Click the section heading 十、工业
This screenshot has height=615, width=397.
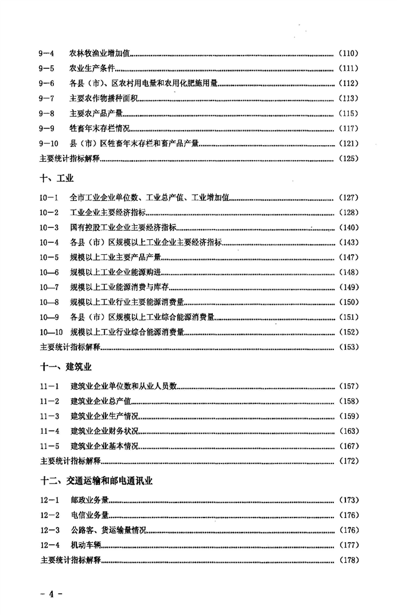[57, 178]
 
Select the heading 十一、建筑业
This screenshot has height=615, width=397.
[66, 365]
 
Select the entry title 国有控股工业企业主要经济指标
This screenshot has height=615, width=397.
[123, 227]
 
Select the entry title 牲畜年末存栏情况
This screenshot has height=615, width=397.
[101, 129]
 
